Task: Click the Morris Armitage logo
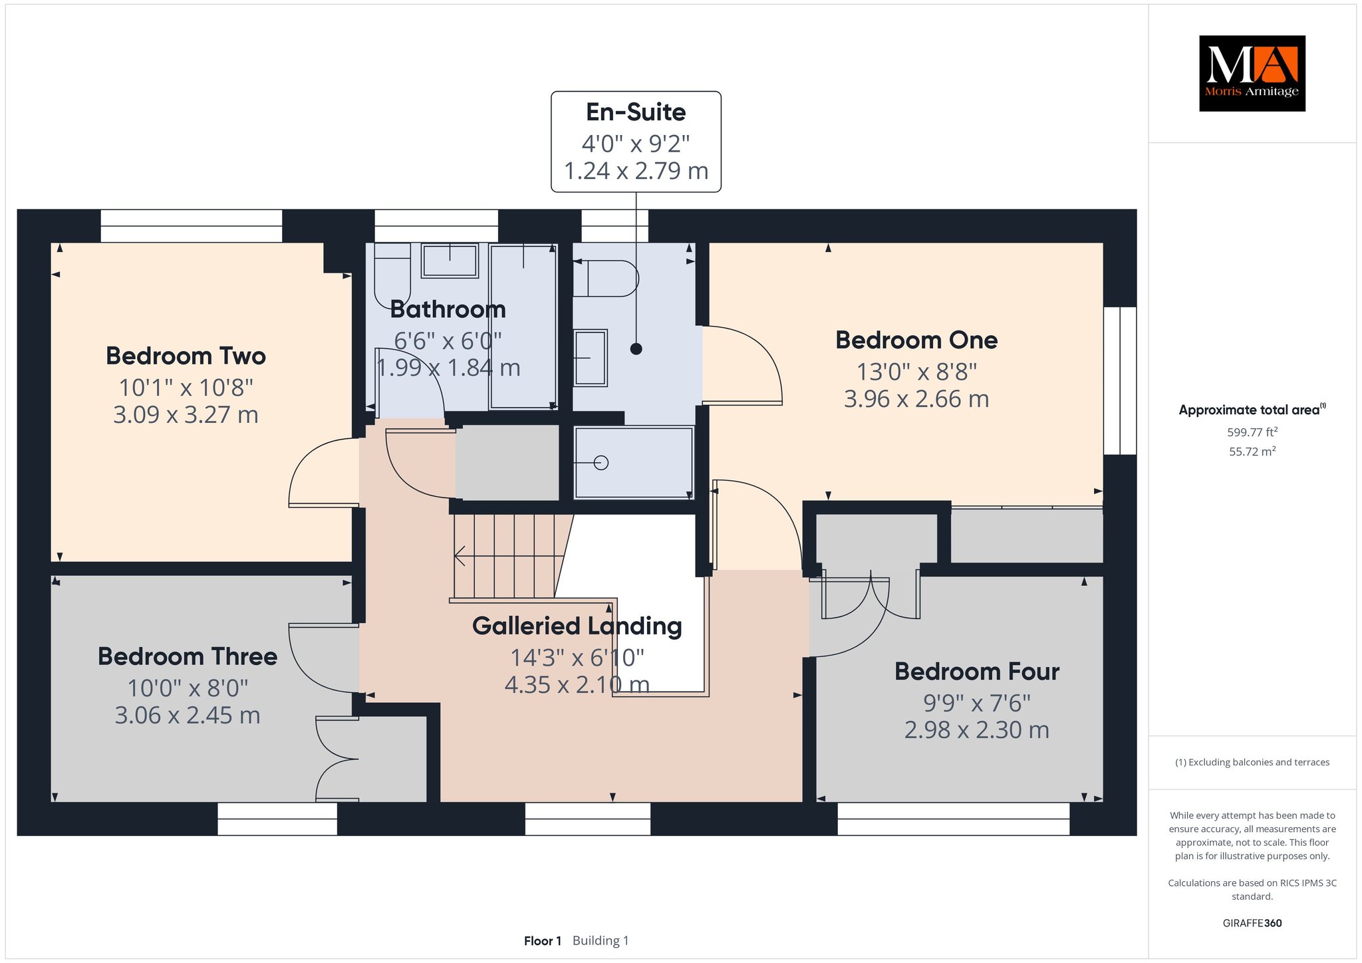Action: [x=1252, y=73]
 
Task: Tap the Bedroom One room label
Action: [x=916, y=340]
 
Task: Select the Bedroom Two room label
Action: [x=186, y=356]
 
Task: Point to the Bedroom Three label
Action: [x=188, y=656]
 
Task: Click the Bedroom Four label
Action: [x=977, y=671]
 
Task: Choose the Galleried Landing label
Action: [x=577, y=626]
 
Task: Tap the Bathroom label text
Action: [x=448, y=309]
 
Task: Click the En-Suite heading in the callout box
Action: [x=636, y=112]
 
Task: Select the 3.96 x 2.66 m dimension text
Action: [x=916, y=399]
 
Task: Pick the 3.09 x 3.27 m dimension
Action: [x=186, y=415]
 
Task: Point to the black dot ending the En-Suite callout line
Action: [x=636, y=348]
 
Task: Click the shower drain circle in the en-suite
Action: [x=601, y=463]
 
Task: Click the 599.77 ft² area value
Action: [x=1252, y=432]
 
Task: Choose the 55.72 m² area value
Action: [x=1252, y=452]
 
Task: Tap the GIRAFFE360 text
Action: [x=1252, y=923]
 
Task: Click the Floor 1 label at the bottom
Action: [x=543, y=940]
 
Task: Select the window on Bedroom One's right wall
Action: [x=1120, y=380]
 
